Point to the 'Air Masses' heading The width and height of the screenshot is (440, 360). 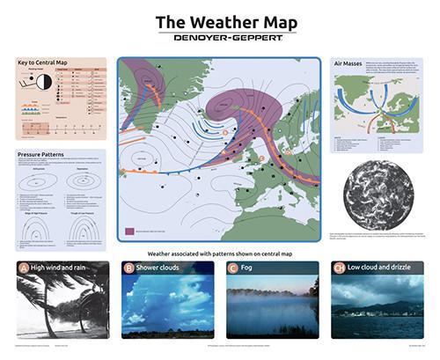[349, 63]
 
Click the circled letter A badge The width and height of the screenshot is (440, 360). [24, 268]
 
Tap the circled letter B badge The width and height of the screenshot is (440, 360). [128, 268]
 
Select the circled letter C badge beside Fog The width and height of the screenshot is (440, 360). [233, 268]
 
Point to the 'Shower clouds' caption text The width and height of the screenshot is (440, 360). [165, 268]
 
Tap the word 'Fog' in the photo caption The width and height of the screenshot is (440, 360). [251, 268]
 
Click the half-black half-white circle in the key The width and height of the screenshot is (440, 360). [41, 82]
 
